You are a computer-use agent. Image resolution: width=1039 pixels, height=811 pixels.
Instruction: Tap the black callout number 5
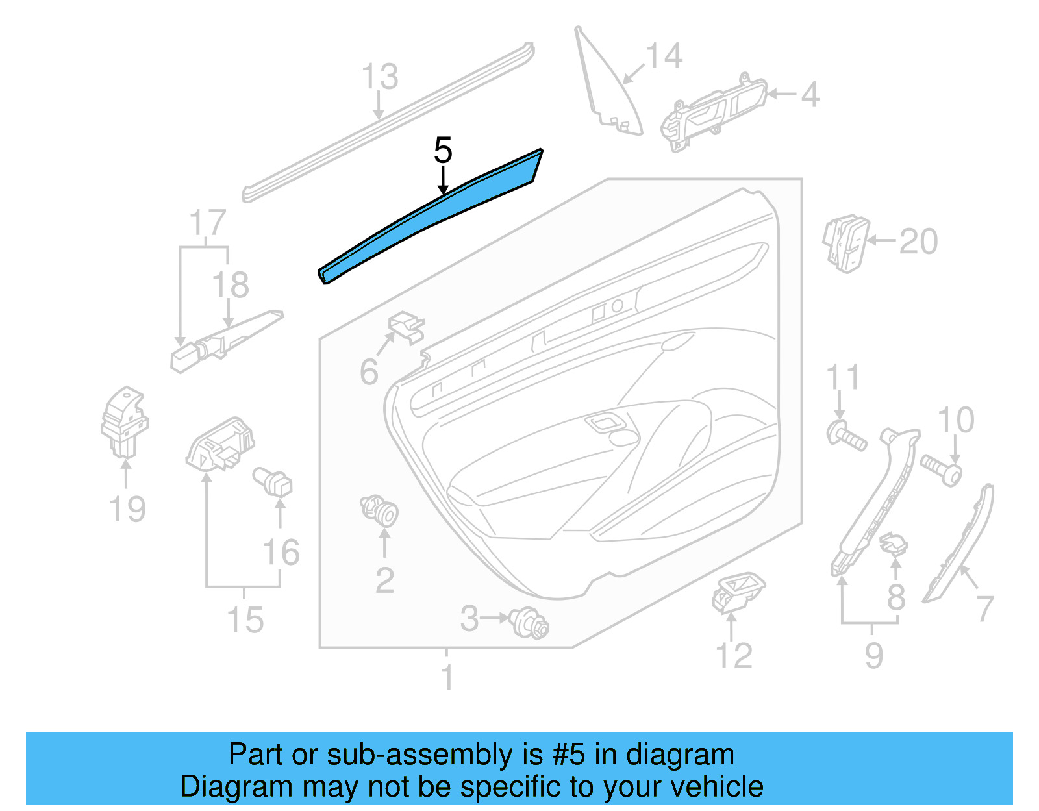pyautogui.click(x=443, y=151)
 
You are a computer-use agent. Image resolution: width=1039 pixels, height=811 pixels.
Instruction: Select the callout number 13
pyautogui.click(x=379, y=77)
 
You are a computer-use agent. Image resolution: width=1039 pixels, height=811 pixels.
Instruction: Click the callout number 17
pyautogui.click(x=207, y=223)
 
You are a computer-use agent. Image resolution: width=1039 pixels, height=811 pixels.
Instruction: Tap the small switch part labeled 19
pyautogui.click(x=125, y=422)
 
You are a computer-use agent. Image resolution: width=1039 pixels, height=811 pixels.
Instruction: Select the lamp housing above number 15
pyautogui.click(x=219, y=445)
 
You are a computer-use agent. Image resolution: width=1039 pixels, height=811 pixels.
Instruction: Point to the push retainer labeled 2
pyautogui.click(x=380, y=510)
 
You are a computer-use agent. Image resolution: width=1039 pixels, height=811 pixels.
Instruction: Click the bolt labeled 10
pyautogui.click(x=941, y=469)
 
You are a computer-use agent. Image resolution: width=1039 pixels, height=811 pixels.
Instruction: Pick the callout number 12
pyautogui.click(x=734, y=656)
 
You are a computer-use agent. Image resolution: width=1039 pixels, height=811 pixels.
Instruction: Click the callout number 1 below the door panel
pyautogui.click(x=447, y=678)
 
